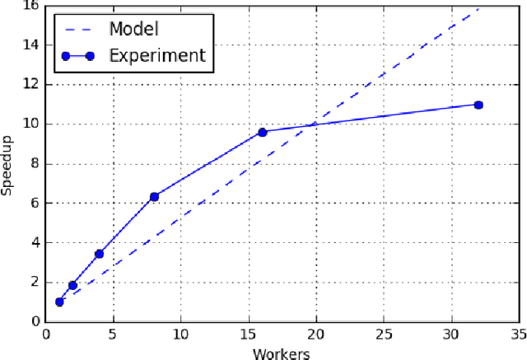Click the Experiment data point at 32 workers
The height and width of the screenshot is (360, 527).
point(478,105)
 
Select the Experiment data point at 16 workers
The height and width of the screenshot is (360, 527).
point(262,132)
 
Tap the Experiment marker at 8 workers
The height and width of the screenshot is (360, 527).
point(154,196)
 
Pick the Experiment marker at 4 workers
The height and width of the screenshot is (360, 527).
point(100,254)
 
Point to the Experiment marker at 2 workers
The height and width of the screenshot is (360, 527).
point(72,285)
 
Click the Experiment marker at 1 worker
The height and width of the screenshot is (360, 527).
point(59,302)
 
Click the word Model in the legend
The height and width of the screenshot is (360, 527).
point(133,29)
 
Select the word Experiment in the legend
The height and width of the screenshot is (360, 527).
point(157,56)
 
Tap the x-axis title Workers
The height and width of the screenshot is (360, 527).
point(282,353)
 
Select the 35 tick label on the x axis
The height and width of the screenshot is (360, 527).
point(518,336)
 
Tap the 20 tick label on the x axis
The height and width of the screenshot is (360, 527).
point(315,336)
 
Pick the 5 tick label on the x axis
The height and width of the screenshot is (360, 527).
point(113,336)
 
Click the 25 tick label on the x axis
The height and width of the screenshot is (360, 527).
point(383,336)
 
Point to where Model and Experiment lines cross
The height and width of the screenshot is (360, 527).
point(313,124)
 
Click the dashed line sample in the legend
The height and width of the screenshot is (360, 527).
point(78,29)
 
